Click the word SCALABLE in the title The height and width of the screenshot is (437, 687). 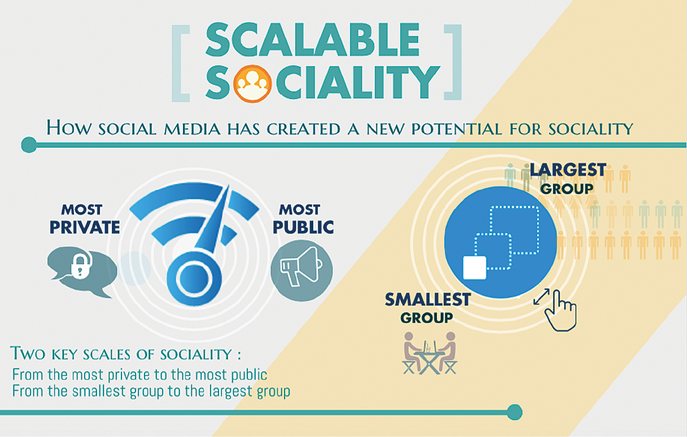pos(312,40)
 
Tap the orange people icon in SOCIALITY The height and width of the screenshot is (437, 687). pos(252,83)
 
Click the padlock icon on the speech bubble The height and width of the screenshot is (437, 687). pos(81,264)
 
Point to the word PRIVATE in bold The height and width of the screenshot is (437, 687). pos(85,227)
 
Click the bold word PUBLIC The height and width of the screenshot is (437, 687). pos(303,227)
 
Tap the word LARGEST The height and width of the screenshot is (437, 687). pos(568,170)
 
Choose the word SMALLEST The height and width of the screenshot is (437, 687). pos(428,299)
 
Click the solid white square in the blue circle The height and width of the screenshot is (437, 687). pos(474,267)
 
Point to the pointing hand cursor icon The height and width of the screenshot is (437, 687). pos(561,311)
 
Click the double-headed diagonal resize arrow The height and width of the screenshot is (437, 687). pos(541,297)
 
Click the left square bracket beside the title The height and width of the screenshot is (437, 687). pos(181,63)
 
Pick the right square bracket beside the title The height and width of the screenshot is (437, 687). pos(453,62)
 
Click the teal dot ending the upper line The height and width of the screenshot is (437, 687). pos(29,145)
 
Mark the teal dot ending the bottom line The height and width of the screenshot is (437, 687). pos(514,412)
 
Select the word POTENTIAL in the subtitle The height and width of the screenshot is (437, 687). pos(457,129)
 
